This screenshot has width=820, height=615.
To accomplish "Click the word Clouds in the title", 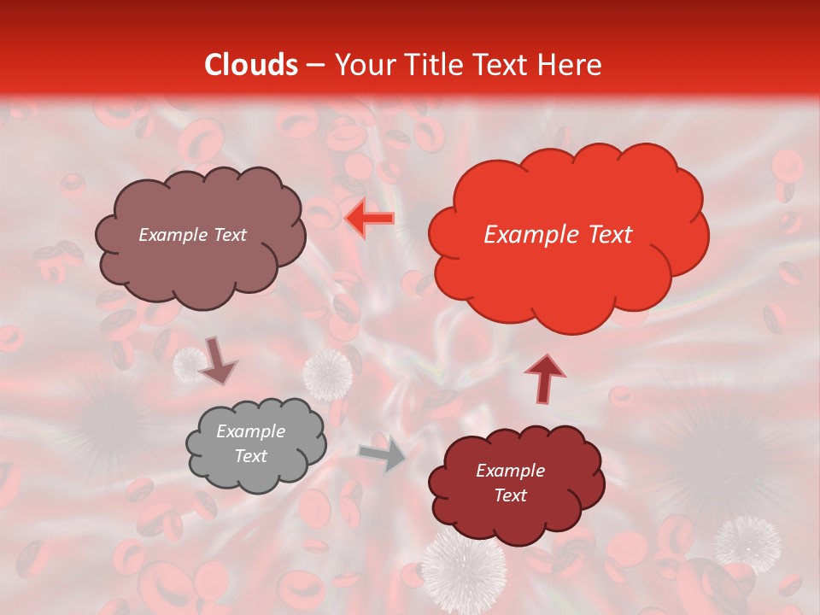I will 251,65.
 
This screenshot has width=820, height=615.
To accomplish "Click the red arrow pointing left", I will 369,219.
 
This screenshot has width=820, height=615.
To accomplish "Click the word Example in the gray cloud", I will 250,431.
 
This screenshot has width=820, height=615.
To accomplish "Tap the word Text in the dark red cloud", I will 510,495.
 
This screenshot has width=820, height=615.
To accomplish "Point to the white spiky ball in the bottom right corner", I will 747,543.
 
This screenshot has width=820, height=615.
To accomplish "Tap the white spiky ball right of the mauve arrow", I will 328,373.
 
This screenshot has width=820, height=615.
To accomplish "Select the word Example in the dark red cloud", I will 510,471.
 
